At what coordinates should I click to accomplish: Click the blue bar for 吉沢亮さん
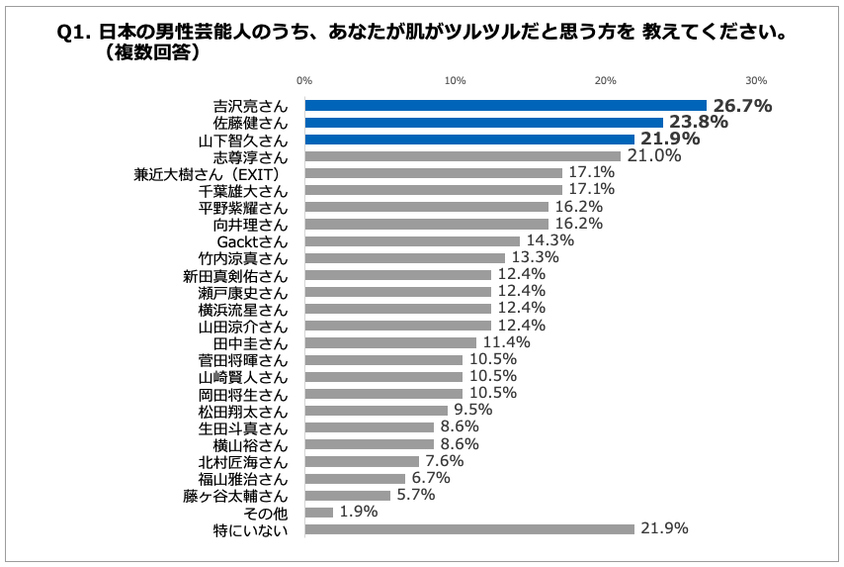tap(505, 105)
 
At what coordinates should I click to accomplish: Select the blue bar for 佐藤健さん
tap(483, 122)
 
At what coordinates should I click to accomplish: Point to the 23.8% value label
tap(698, 122)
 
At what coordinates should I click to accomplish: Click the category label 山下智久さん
tap(251, 140)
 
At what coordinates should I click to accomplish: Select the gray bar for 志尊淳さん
tap(463, 156)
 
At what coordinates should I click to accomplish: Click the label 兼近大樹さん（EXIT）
tap(211, 173)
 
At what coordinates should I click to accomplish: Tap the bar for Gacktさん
tap(412, 240)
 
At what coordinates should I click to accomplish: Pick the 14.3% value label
tap(549, 240)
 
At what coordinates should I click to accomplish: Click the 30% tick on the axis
tap(756, 80)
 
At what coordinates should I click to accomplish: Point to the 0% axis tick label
tap(304, 80)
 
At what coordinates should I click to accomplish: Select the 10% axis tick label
tap(456, 80)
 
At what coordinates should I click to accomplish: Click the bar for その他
tap(318, 512)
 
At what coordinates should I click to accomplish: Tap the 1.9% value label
tap(359, 512)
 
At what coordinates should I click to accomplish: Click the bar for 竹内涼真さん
tap(404, 257)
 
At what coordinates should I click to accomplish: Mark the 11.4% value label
tap(505, 342)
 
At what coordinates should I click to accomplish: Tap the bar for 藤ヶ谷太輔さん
tap(347, 495)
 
